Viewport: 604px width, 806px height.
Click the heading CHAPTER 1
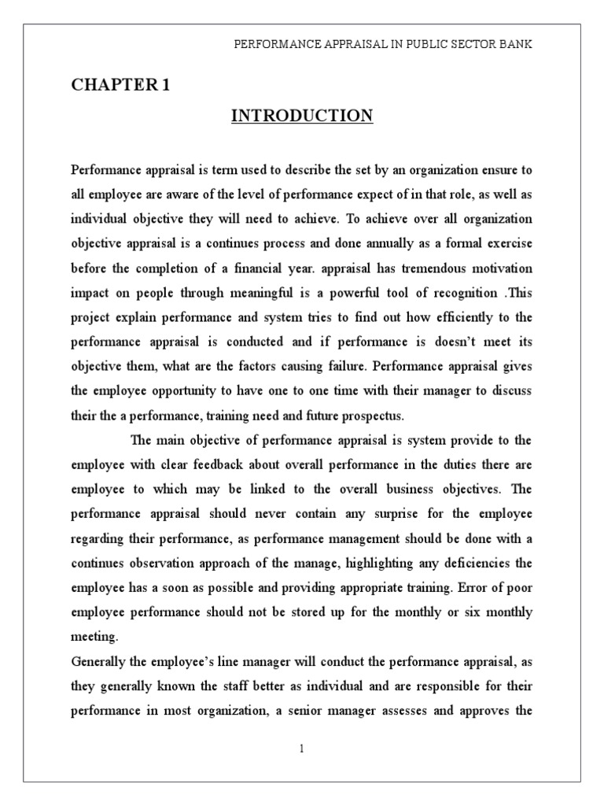pos(120,86)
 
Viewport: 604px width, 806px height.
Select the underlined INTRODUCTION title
pos(302,116)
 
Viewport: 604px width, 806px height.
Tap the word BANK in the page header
pos(517,45)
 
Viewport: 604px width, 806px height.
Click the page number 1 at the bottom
pos(301,749)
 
